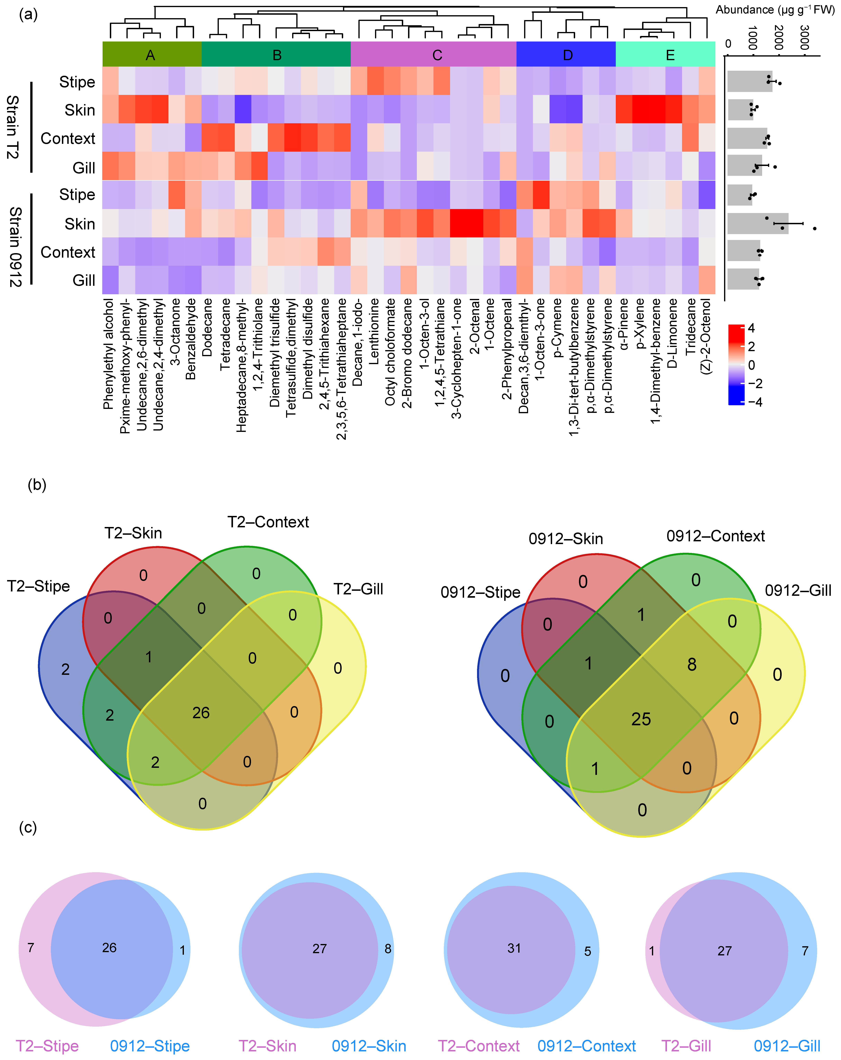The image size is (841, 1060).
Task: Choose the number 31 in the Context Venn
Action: pyautogui.click(x=514, y=948)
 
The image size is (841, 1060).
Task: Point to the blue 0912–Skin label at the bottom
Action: pyautogui.click(x=369, y=1046)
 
